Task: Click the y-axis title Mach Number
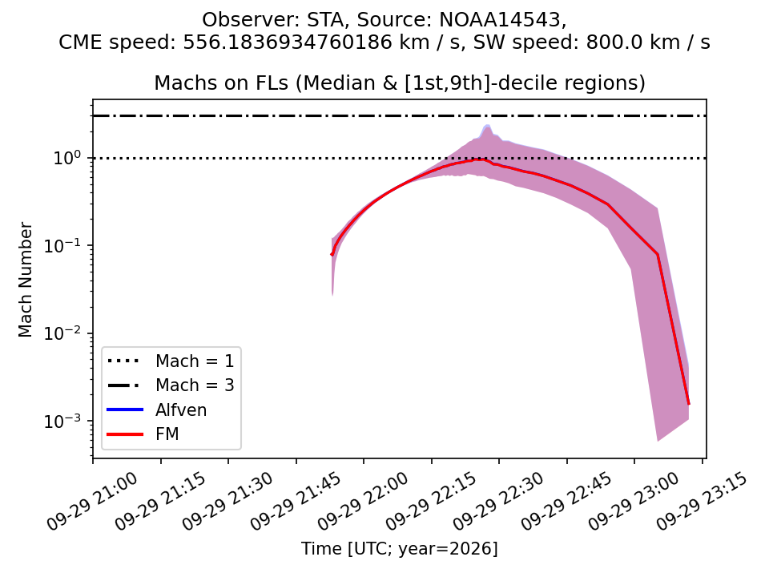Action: [26, 280]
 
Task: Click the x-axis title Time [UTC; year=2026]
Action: [399, 548]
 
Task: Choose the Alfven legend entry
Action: [157, 410]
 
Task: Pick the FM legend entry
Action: [143, 434]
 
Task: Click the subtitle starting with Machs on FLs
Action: [400, 83]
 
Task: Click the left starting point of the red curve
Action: [332, 255]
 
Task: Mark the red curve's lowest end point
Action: [689, 404]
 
